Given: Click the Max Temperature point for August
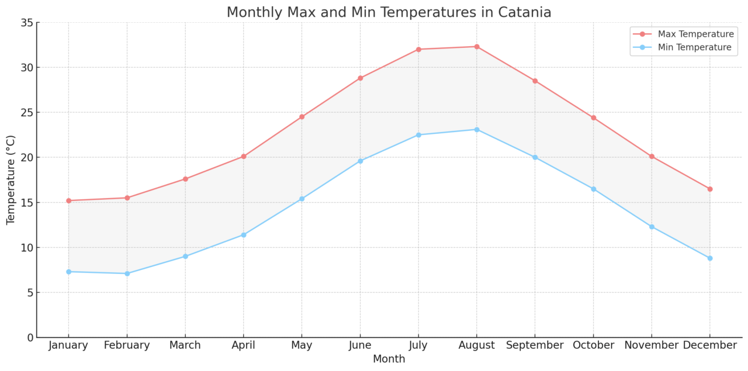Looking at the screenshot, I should pyautogui.click(x=476, y=47).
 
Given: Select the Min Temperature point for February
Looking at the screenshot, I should pyautogui.click(x=127, y=273).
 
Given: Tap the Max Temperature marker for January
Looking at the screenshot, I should pyautogui.click(x=68, y=200).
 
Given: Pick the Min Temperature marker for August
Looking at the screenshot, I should pyautogui.click(x=476, y=129).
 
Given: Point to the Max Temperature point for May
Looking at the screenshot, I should pyautogui.click(x=302, y=117).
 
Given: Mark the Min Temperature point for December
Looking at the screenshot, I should pyautogui.click(x=709, y=258).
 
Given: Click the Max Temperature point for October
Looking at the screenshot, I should pyautogui.click(x=593, y=117).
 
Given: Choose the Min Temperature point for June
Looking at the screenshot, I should pyautogui.click(x=360, y=161).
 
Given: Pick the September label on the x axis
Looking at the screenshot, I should pyautogui.click(x=535, y=345).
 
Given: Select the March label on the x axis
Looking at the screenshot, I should pyautogui.click(x=185, y=345).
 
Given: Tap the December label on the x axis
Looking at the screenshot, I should pyautogui.click(x=709, y=345).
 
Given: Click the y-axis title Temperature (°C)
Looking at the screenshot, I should pyautogui.click(x=11, y=180).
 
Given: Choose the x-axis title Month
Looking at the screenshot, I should pyautogui.click(x=389, y=359).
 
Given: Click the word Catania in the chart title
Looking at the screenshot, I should pyautogui.click(x=528, y=12).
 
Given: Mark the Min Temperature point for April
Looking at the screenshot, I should pyautogui.click(x=244, y=235).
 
